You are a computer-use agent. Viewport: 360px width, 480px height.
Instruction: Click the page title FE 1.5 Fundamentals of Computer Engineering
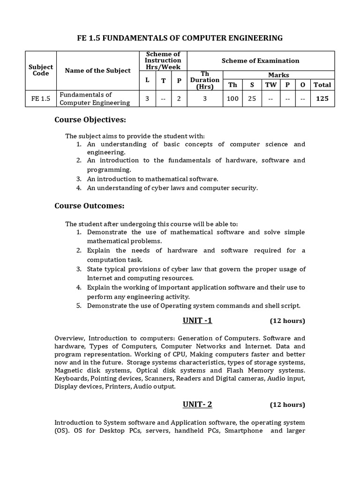click(180, 38)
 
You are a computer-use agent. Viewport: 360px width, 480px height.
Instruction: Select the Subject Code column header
click(41, 70)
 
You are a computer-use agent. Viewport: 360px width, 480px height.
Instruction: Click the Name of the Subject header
click(97, 70)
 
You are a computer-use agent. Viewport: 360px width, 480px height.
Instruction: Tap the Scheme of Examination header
click(260, 60)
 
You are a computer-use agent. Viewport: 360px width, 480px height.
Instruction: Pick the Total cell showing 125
click(322, 98)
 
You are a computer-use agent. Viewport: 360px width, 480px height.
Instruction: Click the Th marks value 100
click(232, 98)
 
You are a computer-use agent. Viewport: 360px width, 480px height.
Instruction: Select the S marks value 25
click(252, 98)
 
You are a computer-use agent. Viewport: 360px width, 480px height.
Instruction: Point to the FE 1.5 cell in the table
click(41, 98)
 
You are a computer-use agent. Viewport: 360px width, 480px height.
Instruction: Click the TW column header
click(270, 85)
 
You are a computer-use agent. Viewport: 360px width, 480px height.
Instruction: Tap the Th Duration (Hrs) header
click(204, 80)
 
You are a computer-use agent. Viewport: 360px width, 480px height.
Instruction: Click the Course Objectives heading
click(90, 120)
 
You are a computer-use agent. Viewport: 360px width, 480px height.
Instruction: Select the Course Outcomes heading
click(89, 205)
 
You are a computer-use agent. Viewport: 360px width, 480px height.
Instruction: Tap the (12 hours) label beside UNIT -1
click(287, 321)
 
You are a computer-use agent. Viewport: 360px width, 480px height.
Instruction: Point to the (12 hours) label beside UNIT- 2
click(287, 405)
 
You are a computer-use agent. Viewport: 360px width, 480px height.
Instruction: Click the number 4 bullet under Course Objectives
click(79, 188)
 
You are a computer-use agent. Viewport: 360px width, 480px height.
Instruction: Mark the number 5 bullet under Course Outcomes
click(79, 306)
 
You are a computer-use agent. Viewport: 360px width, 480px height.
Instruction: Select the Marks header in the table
click(278, 75)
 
